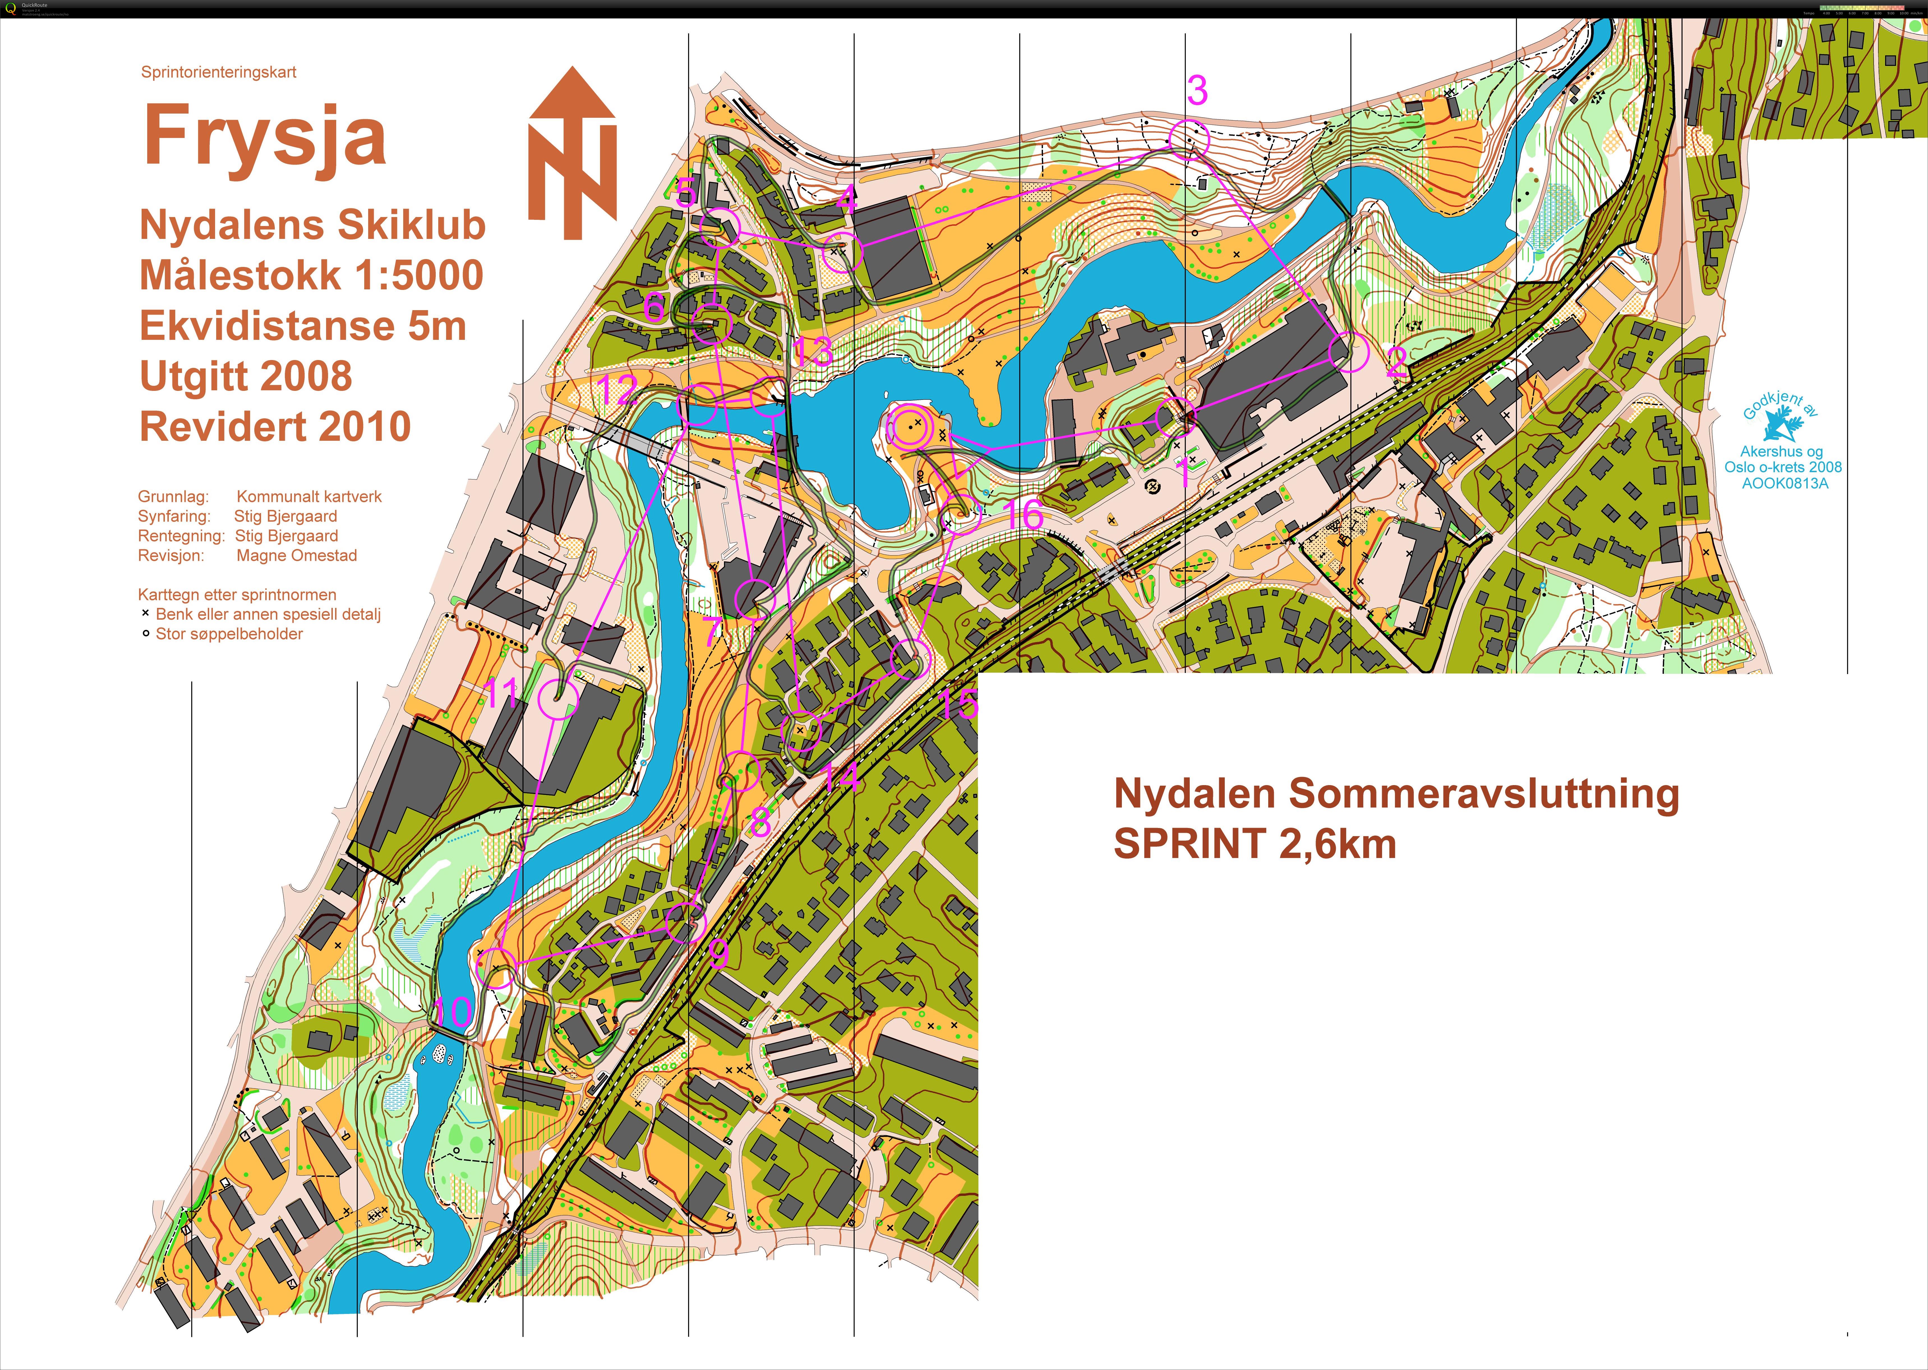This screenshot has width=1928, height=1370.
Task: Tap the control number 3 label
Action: [x=1197, y=90]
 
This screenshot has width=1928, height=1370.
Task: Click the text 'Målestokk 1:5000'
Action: [x=311, y=275]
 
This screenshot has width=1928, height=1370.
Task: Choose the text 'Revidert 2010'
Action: [x=275, y=426]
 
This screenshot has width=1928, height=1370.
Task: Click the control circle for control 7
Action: [x=754, y=599]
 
